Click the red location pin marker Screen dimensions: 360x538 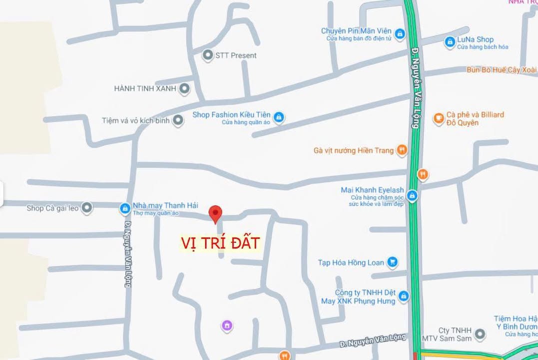[215, 213]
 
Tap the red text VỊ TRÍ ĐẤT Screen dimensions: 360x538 [220, 243]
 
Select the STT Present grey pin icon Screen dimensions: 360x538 [208, 55]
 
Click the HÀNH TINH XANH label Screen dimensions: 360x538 [145, 88]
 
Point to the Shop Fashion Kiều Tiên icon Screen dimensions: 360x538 [279, 117]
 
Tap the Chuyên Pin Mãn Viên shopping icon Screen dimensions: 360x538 [399, 34]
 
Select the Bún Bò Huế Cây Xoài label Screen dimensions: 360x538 [502, 70]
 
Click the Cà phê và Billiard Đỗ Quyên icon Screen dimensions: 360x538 [439, 118]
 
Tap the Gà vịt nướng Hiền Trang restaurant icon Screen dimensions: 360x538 [402, 149]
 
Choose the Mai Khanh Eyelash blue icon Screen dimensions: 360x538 [412, 195]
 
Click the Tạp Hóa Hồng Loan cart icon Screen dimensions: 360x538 [393, 262]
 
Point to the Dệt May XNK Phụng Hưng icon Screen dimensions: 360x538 [404, 296]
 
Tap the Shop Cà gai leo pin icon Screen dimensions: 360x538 [87, 207]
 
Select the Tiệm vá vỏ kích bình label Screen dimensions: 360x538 [135, 120]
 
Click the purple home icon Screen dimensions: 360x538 [227, 326]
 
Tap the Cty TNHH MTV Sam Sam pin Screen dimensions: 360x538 [480, 334]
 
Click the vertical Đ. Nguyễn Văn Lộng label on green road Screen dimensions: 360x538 [415, 88]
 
